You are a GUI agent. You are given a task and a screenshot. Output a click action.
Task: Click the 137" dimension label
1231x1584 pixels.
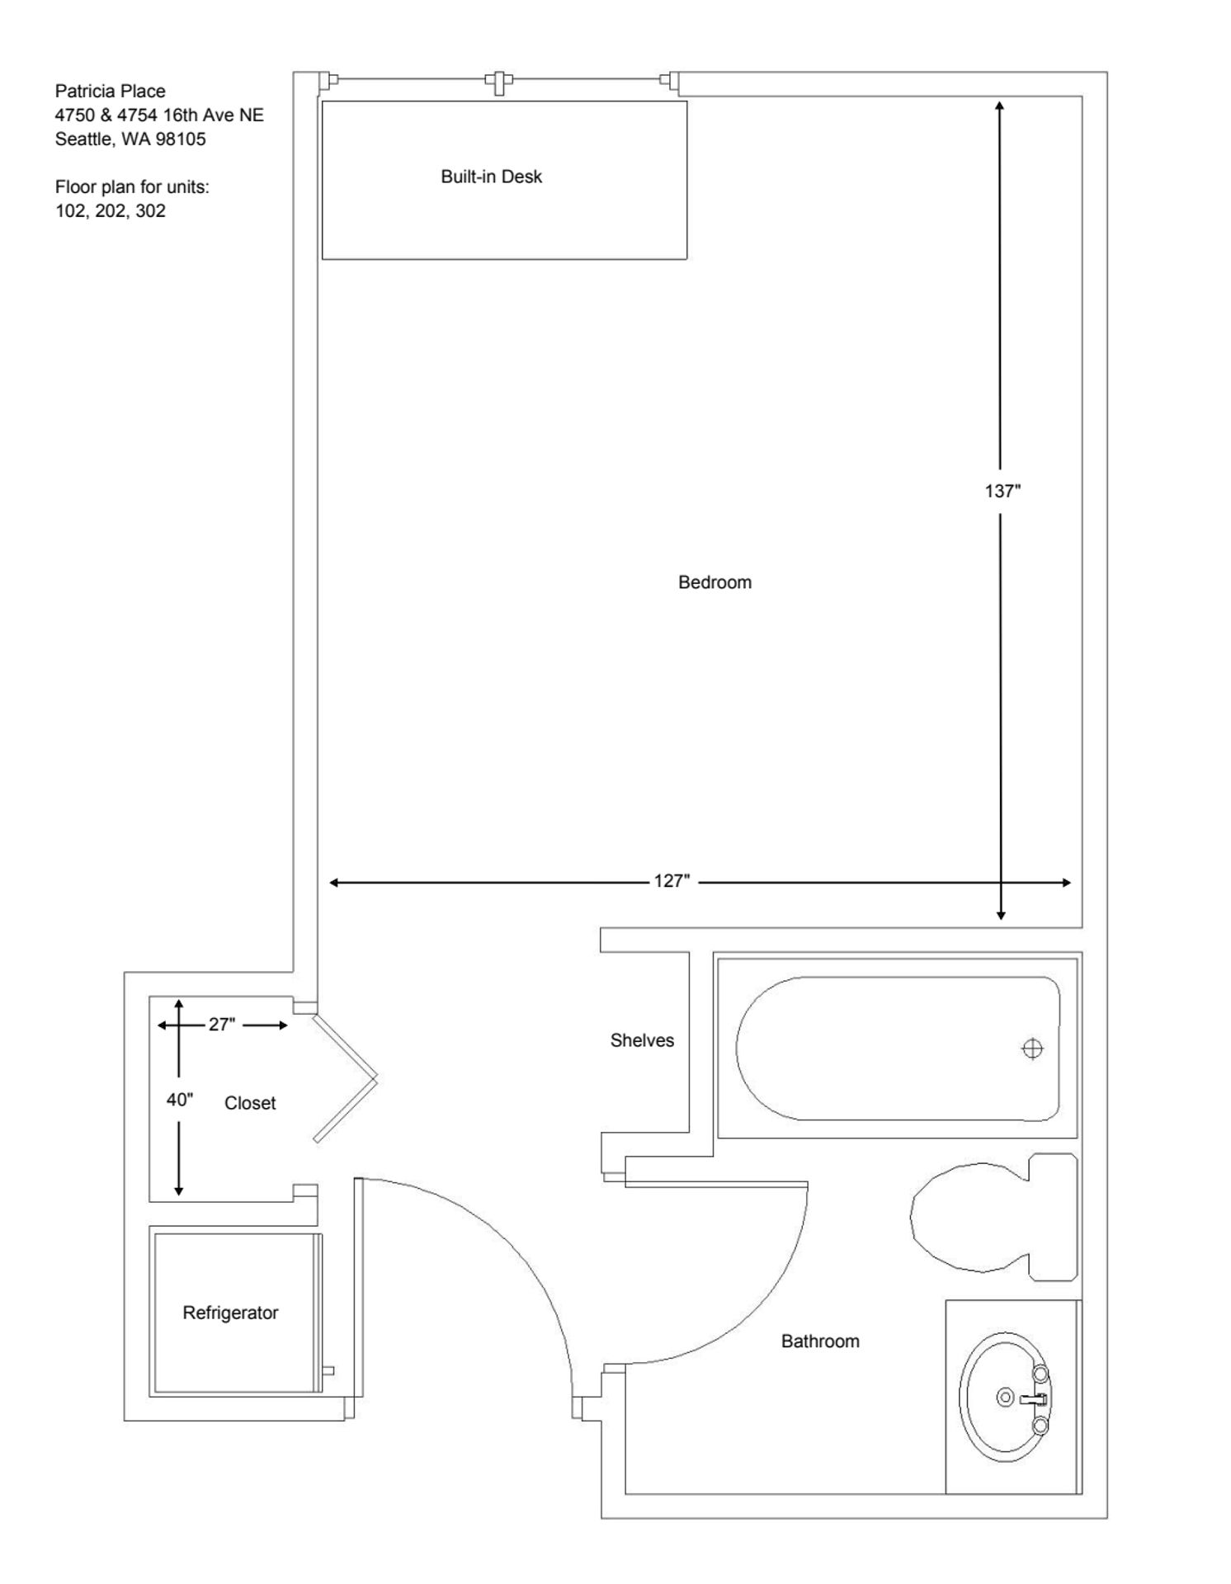(1002, 491)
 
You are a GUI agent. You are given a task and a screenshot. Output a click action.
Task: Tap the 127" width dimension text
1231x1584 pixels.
(672, 881)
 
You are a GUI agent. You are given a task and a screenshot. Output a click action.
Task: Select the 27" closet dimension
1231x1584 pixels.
(222, 1024)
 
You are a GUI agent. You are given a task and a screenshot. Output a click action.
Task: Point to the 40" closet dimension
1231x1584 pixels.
(179, 1099)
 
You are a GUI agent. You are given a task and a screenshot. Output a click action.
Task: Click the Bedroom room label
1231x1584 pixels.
(715, 582)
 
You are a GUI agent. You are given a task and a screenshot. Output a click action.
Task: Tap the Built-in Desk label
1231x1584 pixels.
(491, 176)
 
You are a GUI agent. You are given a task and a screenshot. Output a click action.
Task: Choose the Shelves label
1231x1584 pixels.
(642, 1039)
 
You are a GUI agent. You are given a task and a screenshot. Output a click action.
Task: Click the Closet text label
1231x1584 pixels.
(250, 1103)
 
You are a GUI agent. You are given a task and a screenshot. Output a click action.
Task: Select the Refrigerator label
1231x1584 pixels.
(230, 1312)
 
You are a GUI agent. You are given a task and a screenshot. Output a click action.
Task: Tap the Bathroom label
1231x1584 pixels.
(820, 1341)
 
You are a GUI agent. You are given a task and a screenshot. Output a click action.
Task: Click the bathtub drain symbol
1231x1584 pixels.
(1032, 1049)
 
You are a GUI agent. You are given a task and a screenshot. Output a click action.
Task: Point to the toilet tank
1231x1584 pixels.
(1054, 1217)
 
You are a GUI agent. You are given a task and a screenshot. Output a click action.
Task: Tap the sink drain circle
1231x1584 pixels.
(1005, 1397)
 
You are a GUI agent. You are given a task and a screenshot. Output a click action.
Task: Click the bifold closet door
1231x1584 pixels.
(345, 1077)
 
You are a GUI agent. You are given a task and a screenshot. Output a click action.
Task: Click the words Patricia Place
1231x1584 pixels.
(110, 91)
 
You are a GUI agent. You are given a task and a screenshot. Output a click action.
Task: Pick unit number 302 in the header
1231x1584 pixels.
(151, 210)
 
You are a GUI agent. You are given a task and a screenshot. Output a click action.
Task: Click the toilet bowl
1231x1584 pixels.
(965, 1217)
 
